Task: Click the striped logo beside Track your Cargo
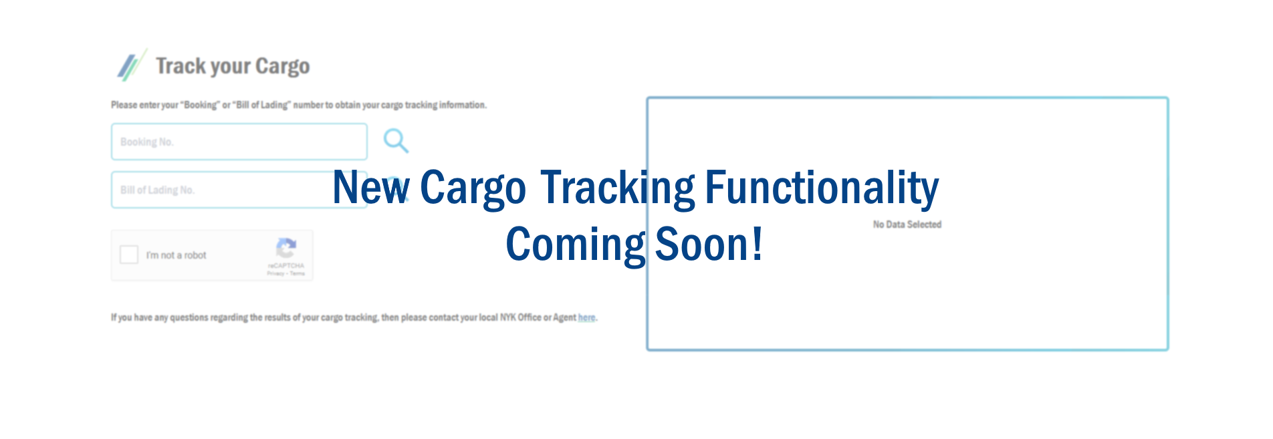pos(131,65)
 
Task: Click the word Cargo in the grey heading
pos(282,66)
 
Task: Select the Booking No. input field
pos(239,142)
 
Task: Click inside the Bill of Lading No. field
pos(221,190)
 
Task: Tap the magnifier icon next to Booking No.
pos(396,141)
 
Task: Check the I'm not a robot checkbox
pos(129,255)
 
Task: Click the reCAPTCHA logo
pos(286,248)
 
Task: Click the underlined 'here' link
pos(586,317)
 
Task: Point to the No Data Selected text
pos(907,225)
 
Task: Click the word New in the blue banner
pos(370,188)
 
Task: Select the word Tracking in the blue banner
pos(618,188)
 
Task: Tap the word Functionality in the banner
pos(822,188)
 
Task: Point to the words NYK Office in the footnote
pos(521,317)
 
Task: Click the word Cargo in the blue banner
pos(473,188)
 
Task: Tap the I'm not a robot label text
pos(176,255)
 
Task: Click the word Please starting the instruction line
pos(124,105)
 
